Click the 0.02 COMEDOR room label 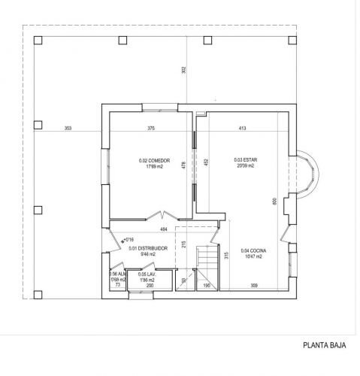155,160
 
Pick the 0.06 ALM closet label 116,274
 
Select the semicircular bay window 308,172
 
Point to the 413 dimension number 243,129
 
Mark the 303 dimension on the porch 68,129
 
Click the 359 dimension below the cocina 254,286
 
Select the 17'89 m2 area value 155,166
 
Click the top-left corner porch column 37,40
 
